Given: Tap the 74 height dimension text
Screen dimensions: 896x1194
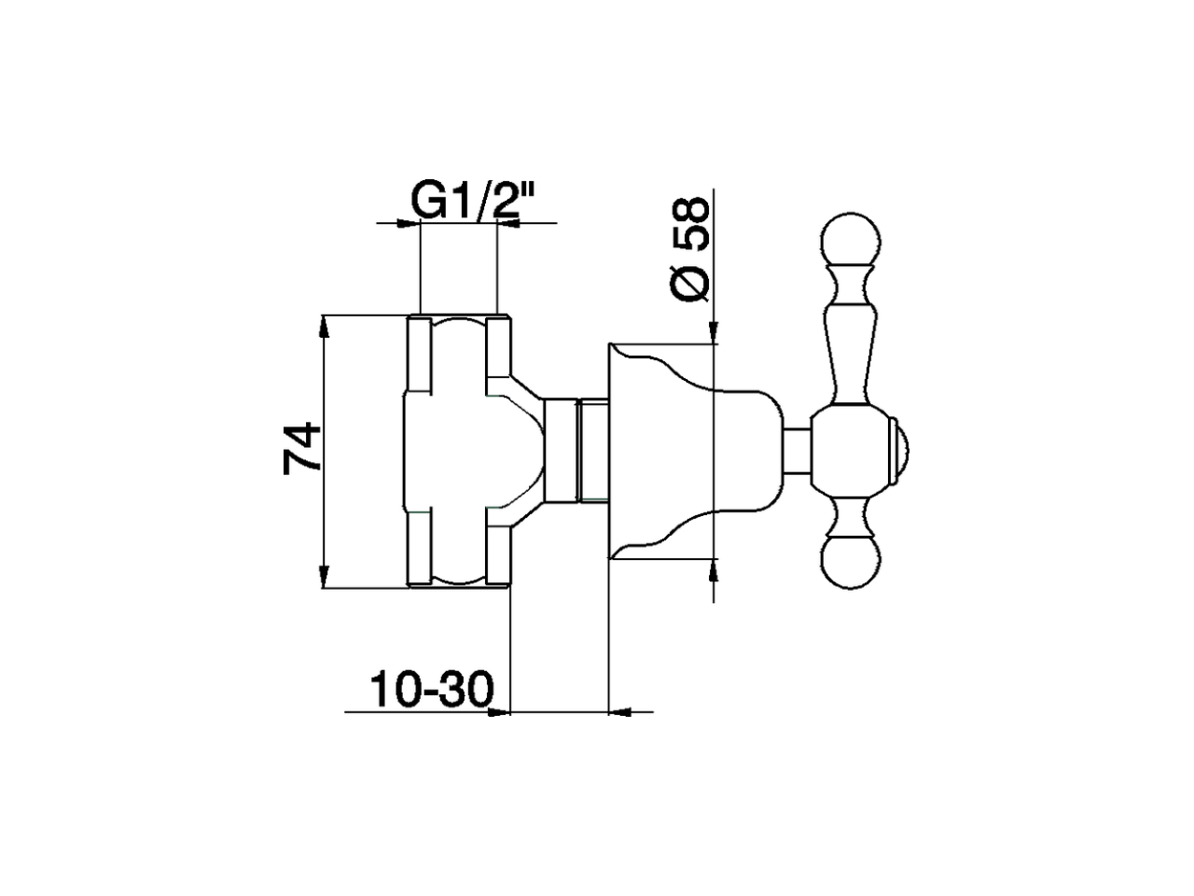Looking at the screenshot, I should (x=302, y=450).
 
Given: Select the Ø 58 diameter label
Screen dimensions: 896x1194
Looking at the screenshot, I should (x=691, y=247).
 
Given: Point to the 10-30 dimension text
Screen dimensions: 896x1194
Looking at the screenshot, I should (x=430, y=691).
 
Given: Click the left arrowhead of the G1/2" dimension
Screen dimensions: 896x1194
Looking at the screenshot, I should (x=407, y=223).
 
